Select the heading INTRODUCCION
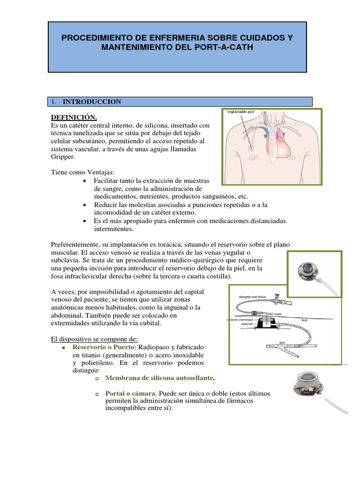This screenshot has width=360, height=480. [92, 102]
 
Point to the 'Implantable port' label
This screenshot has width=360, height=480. [240, 112]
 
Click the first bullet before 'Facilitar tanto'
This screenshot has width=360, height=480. [84, 181]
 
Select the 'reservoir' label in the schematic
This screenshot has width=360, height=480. [247, 323]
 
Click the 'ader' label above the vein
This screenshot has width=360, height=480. [282, 342]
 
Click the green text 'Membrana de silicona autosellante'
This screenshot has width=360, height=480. [159, 378]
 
